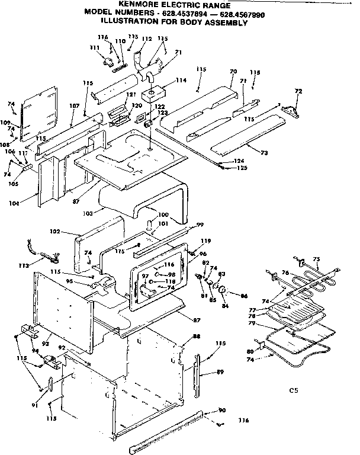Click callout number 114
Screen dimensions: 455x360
pyautogui.click(x=181, y=81)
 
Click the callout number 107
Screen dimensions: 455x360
pyautogui.click(x=74, y=107)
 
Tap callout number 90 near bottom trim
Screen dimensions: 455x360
pyautogui.click(x=223, y=411)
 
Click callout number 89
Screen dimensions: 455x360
pyautogui.click(x=221, y=373)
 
